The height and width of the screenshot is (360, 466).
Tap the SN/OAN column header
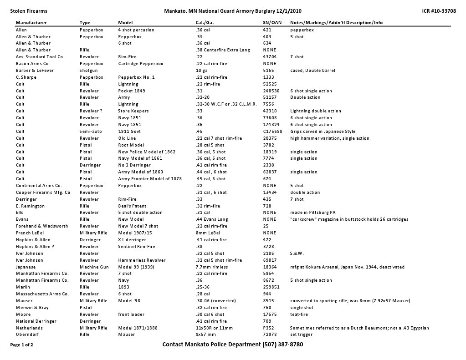pyautogui.click(x=272, y=22)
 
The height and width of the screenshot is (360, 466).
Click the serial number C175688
pyautogui.click(x=272, y=132)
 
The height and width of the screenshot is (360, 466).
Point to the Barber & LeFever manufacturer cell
pyautogui.click(x=35, y=71)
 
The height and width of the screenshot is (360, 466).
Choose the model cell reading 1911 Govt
pyautogui.click(x=130, y=132)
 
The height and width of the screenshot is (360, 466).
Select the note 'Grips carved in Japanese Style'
pyautogui.click(x=323, y=132)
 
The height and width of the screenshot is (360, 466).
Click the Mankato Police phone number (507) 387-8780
pyautogui.click(x=283, y=345)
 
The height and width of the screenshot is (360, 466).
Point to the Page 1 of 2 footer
pyautogui.click(x=21, y=345)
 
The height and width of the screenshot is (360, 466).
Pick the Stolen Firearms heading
pyautogui.click(x=29, y=11)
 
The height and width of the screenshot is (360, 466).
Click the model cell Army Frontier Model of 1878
pyautogui.click(x=150, y=179)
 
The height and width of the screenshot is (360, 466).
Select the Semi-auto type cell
pyautogui.click(x=91, y=132)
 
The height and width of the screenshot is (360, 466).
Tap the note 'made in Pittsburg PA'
pyautogui.click(x=313, y=213)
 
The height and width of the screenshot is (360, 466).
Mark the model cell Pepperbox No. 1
pyautogui.click(x=136, y=77)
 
